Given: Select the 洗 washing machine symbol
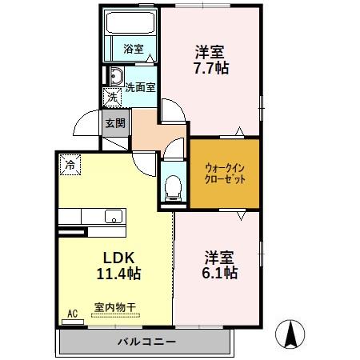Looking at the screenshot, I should [113, 97].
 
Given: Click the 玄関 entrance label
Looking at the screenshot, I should [114, 124].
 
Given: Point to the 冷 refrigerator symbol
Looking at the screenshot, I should [71, 165].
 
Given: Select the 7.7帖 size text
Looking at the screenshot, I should [211, 69].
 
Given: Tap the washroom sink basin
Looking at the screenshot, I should [115, 78].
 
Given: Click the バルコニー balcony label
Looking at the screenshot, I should [146, 342].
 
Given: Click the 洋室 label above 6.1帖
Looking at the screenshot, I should [218, 258].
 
